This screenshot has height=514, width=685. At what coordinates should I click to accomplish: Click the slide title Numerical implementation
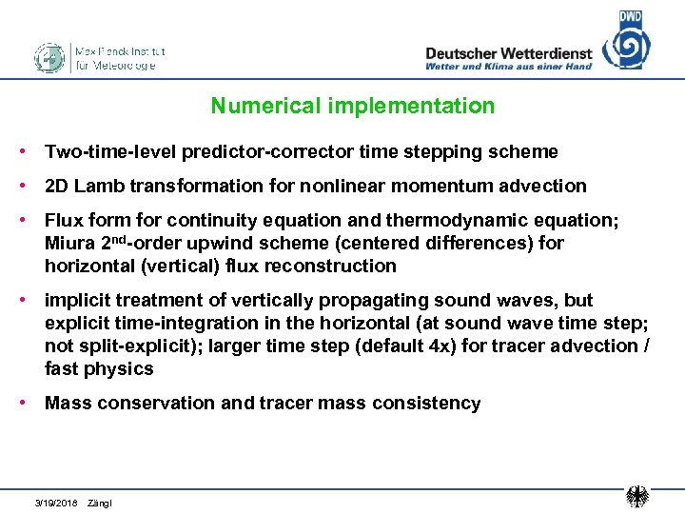(x=353, y=106)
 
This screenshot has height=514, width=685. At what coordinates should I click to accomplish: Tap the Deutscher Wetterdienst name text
(x=508, y=53)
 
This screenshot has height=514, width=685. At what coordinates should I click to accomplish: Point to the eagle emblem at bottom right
(x=637, y=496)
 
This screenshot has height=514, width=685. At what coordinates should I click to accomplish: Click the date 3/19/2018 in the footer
(x=56, y=501)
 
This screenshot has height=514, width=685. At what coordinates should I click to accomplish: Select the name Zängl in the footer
(x=99, y=501)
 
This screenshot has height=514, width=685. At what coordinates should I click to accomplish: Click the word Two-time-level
(x=102, y=151)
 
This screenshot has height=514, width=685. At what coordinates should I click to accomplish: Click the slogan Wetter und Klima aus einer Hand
(x=508, y=67)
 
